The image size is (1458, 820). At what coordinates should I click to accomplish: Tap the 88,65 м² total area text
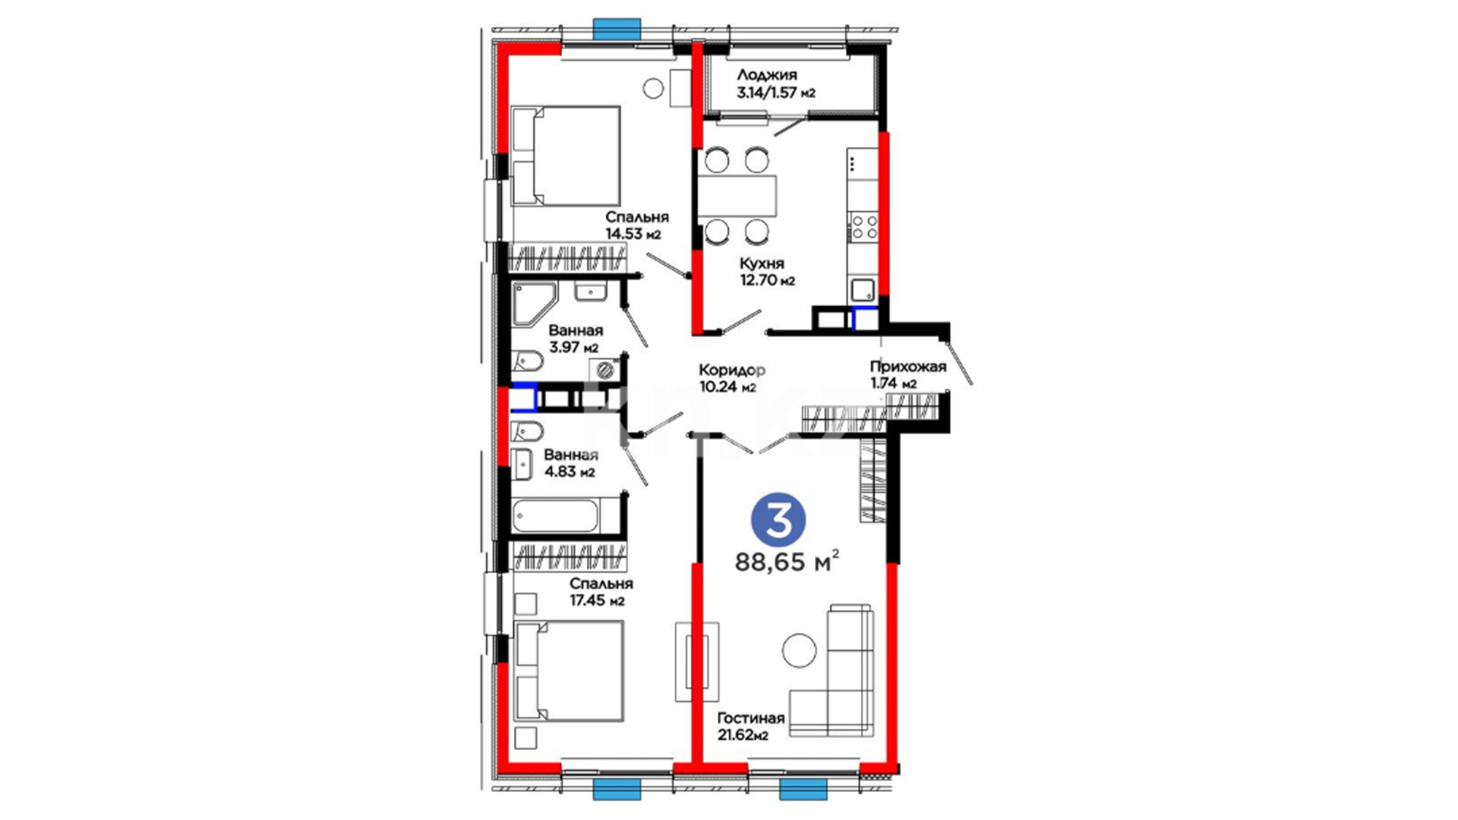pos(787,562)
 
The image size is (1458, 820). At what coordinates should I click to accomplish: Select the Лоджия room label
pos(767,74)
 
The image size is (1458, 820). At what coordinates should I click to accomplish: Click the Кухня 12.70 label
pos(767,272)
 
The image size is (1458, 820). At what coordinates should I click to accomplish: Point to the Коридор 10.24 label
pos(731,378)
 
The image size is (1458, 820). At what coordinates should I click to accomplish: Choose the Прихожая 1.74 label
pos(908,375)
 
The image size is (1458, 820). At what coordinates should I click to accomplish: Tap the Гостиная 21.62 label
pos(750,726)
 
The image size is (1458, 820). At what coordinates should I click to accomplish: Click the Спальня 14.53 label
pos(636,225)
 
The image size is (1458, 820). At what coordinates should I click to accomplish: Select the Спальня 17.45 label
pos(601,592)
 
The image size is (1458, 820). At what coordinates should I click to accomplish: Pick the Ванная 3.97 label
pos(575,339)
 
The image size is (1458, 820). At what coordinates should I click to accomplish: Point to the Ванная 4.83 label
pos(570,463)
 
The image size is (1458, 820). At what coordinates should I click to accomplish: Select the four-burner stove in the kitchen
pos(863,226)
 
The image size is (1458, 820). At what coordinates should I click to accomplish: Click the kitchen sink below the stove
pos(863,290)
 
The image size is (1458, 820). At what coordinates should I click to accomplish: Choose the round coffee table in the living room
pos(799,650)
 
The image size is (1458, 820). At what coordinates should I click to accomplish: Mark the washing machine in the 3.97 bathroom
pos(605,371)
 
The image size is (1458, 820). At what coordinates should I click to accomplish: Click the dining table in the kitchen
pos(737,196)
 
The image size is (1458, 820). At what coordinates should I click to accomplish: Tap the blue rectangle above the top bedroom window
pos(617,29)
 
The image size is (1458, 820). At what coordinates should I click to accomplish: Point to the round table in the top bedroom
pos(653,88)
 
